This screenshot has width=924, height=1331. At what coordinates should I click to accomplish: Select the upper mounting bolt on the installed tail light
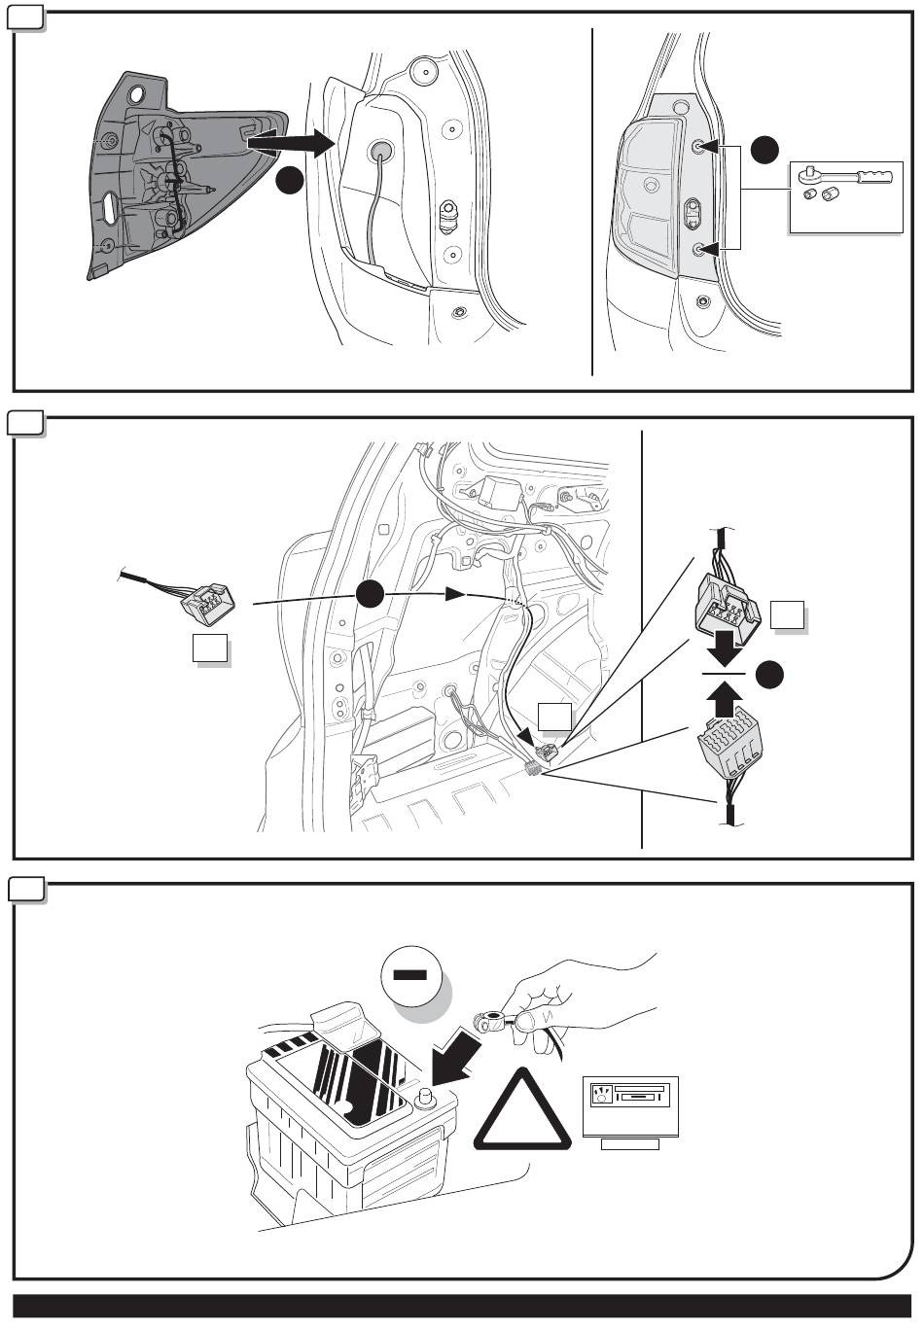tap(699, 147)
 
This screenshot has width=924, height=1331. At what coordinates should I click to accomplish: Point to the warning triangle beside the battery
tap(522, 1113)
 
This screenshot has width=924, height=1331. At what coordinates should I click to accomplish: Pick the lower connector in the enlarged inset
tap(729, 754)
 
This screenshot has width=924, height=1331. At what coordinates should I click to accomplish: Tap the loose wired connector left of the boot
tap(208, 601)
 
